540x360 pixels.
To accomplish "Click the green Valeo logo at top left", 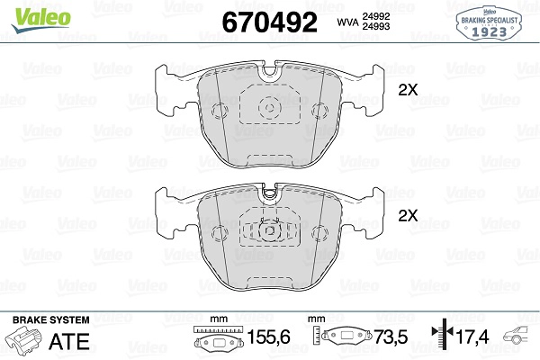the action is [x=40, y=20].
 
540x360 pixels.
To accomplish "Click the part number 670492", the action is [x=269, y=22].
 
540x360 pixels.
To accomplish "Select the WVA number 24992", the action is [x=375, y=16].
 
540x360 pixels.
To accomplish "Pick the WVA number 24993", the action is [x=375, y=26].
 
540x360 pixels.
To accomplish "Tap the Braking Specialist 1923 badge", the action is [x=489, y=23].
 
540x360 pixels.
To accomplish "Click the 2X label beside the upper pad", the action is [x=408, y=90].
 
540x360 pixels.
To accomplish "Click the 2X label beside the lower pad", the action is [x=408, y=216].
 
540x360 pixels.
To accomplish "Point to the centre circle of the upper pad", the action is [x=270, y=107].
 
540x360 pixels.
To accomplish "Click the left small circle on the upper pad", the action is [x=220, y=111].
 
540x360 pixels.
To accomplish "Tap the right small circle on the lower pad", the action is [x=319, y=233].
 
